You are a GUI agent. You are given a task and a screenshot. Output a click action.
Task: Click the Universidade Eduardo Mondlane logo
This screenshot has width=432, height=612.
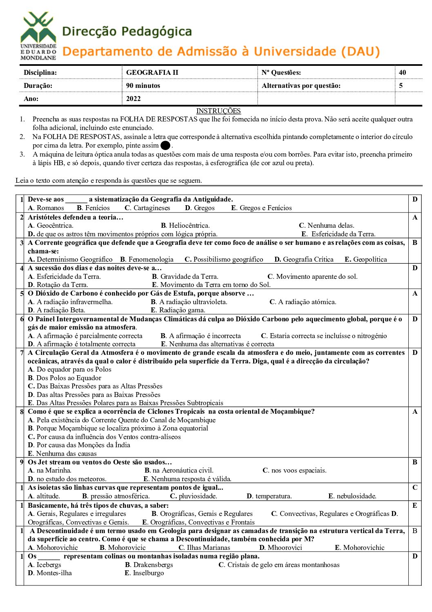38,36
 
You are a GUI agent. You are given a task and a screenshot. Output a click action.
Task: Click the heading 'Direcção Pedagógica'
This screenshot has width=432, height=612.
127,31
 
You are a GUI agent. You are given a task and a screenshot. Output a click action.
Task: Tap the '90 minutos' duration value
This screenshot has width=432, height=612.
143,85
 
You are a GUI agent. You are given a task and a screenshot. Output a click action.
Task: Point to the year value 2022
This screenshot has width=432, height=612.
133,99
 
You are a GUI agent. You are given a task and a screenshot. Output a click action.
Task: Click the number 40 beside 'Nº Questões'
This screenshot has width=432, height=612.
402,72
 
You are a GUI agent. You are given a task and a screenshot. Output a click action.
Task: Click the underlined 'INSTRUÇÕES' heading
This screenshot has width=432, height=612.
218,111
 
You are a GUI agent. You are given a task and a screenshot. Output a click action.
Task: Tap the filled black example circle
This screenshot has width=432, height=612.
165,146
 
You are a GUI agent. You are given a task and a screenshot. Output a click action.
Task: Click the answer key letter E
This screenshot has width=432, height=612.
414,505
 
